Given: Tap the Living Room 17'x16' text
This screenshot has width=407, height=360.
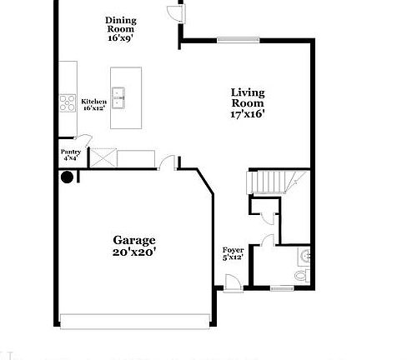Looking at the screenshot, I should tap(248, 103).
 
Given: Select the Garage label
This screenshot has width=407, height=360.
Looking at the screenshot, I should tap(134, 246).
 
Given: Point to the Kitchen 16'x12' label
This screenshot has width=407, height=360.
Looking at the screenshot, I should tap(93, 104).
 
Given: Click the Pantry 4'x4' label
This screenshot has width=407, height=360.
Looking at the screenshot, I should tap(71, 154).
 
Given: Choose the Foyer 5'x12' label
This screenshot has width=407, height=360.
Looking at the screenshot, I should tap(233, 254).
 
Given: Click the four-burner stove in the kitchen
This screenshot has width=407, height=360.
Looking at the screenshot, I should tap(68, 102).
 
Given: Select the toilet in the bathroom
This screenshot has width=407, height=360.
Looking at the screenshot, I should tap(301, 273).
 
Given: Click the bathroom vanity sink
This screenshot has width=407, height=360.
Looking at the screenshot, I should tap(305, 254).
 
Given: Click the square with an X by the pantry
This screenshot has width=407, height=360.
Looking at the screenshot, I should tap(103, 158).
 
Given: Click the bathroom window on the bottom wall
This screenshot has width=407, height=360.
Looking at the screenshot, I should tap(282, 288).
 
